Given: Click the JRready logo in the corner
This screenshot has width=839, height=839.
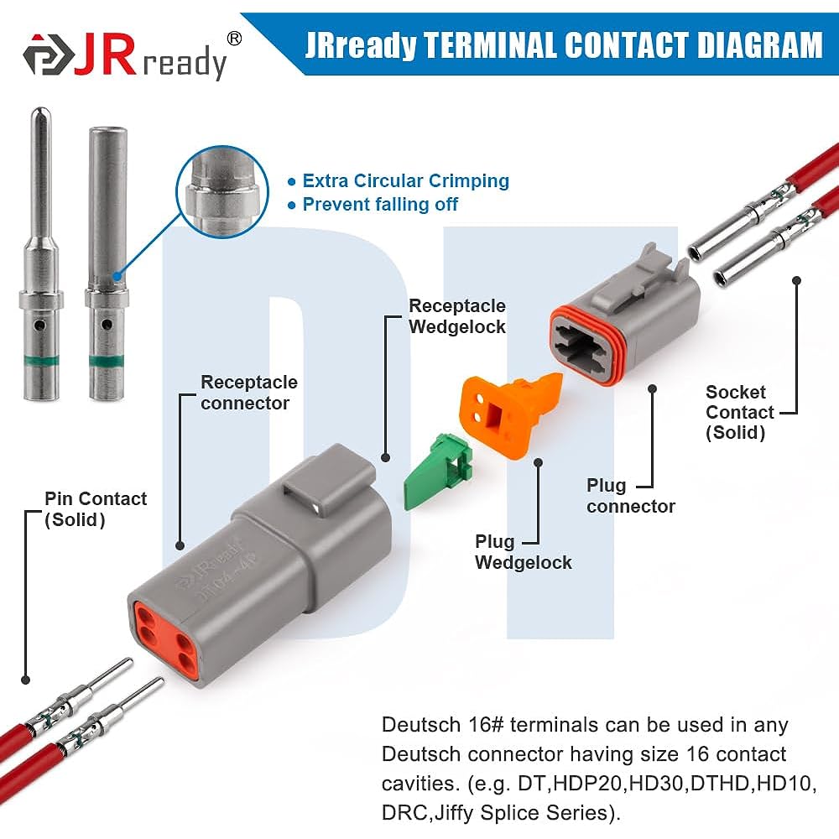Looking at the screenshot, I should click(x=126, y=57).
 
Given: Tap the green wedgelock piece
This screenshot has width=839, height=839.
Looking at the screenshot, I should click(x=437, y=475).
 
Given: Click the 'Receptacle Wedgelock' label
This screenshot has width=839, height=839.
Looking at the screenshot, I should click(x=457, y=316).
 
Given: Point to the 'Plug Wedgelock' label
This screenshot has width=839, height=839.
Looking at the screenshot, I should click(x=523, y=552).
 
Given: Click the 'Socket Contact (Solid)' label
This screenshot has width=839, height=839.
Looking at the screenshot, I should click(x=739, y=412).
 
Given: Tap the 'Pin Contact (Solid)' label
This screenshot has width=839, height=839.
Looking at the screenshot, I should click(x=95, y=509).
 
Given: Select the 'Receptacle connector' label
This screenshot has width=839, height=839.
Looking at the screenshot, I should click(x=248, y=393).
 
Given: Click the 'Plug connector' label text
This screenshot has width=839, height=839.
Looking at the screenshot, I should click(x=630, y=496).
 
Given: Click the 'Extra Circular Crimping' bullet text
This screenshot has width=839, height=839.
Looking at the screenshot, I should click(x=405, y=180).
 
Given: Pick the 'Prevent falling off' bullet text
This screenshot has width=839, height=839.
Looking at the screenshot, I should click(x=380, y=204).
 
